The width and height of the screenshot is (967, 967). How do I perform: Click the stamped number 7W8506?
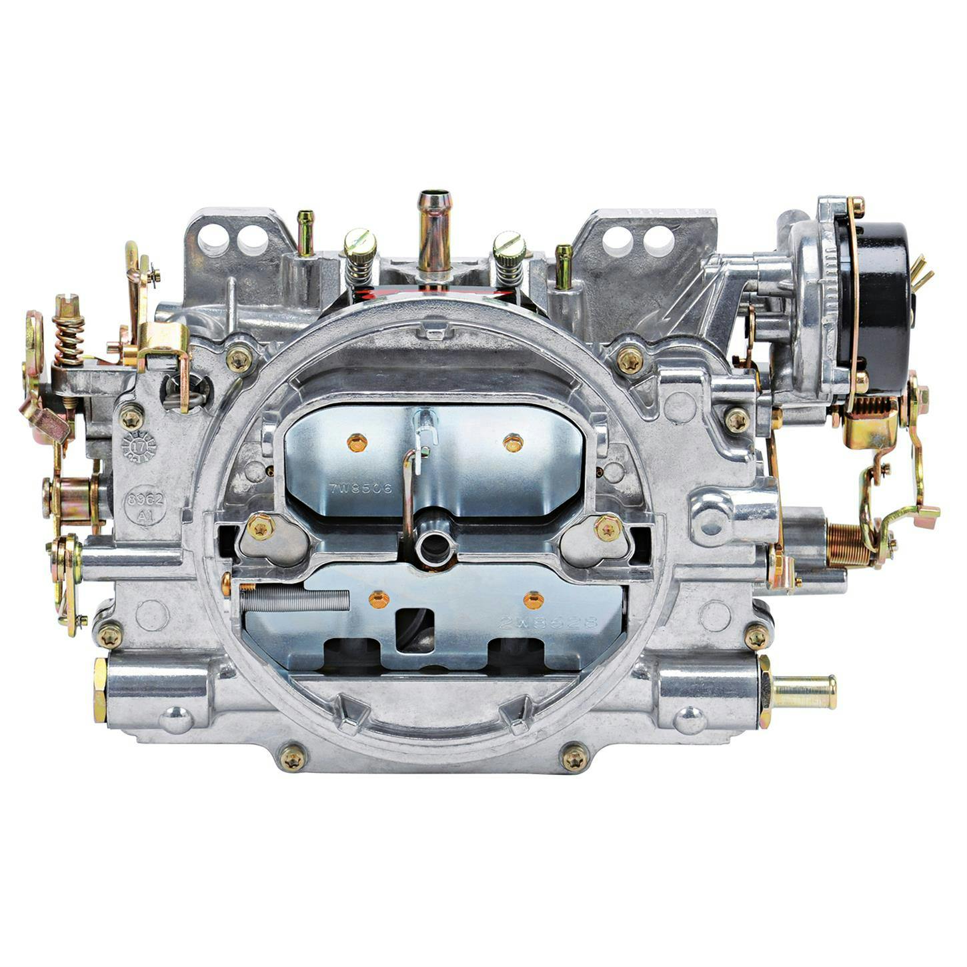pos(361,488)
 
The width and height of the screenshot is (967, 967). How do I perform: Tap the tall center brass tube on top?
pos(434,230)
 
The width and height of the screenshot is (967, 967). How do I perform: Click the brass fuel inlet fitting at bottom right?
pos(804,692)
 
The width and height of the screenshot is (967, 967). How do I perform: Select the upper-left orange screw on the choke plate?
pos(357,441)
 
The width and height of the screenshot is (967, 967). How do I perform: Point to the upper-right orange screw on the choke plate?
pos(513,442)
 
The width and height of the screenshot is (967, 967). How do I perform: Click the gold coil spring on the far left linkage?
pos(69,339)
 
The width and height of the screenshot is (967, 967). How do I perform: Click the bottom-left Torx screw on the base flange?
pos(292,758)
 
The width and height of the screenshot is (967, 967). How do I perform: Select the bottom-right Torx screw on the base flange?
pos(575,758)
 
